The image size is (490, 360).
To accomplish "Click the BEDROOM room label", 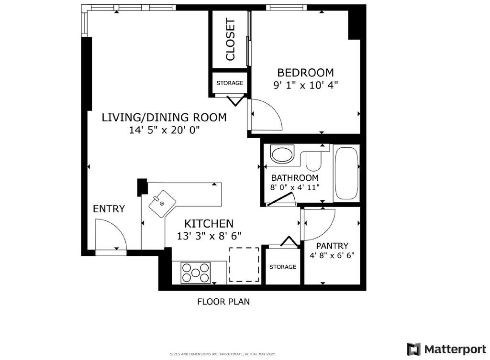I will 305,73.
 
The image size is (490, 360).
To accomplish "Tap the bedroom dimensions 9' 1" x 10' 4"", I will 305,85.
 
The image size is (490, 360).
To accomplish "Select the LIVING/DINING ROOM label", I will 164,117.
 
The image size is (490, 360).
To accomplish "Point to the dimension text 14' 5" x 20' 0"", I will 164,130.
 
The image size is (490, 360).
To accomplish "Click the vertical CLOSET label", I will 230,40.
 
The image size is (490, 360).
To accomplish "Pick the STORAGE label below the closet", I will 230,83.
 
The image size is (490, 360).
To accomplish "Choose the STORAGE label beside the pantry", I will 282,267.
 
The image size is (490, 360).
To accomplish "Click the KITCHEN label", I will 209,223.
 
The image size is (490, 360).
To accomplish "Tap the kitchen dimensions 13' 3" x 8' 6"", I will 209,235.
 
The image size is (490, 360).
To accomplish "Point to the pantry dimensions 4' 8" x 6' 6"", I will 332,256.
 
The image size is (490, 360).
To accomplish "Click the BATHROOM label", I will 294,177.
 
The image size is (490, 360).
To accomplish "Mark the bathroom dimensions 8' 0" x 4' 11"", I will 294,187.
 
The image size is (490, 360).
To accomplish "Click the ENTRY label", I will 109,209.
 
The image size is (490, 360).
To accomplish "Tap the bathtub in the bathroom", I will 345,174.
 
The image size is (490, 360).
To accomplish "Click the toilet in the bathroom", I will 314,161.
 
